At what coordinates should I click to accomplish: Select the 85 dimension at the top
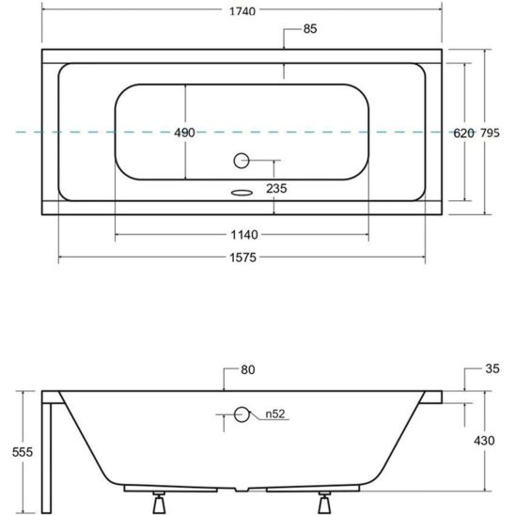click(310, 29)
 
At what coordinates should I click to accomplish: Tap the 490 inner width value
click(184, 133)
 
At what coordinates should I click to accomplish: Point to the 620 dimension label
click(462, 133)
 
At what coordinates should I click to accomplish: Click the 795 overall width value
click(491, 133)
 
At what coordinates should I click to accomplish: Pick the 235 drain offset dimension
click(275, 188)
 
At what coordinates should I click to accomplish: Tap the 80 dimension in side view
click(248, 369)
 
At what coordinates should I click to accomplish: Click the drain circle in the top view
click(242, 161)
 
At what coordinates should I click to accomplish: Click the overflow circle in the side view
click(242, 413)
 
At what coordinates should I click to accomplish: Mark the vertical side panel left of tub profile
click(48, 451)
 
